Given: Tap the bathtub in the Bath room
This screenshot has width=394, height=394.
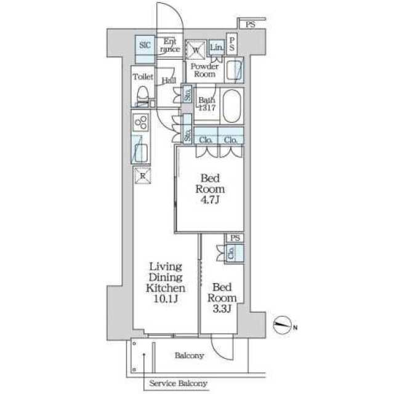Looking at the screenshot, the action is (231, 106).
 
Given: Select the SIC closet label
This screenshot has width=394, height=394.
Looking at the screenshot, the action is (145, 45).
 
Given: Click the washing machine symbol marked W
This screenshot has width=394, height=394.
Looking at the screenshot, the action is (196, 50).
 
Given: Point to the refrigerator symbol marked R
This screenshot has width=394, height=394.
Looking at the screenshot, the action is (142, 175).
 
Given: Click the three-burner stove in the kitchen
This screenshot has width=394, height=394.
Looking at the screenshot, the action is (141, 123).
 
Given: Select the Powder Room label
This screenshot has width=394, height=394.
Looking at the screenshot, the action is (204, 70).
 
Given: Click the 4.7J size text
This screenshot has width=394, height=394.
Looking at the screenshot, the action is (209, 199).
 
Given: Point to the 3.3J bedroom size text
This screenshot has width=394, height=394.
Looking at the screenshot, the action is (222, 308).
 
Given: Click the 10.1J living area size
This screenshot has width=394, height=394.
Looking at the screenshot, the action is (166, 299).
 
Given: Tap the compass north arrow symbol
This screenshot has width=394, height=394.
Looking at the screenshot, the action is (282, 325).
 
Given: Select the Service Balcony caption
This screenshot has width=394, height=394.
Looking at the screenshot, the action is (178, 383).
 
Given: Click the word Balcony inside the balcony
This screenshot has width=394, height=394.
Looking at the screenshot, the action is (189, 355).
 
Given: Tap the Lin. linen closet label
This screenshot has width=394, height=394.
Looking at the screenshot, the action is (216, 47).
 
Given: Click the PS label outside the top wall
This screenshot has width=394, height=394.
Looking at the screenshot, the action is (251, 25).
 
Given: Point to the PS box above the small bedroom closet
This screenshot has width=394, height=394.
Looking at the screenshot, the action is (235, 238).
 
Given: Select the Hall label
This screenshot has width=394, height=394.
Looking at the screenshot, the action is (169, 81).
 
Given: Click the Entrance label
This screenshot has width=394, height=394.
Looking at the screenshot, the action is (170, 45).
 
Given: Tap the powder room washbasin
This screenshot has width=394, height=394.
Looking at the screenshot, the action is (234, 70).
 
